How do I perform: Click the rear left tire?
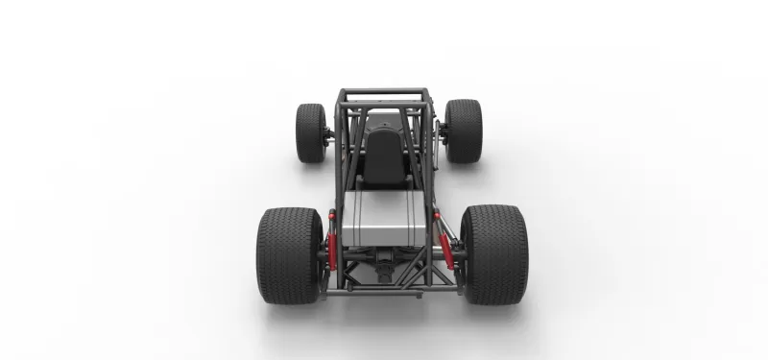coord(289,254)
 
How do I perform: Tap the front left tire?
coord(311,132)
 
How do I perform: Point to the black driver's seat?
coord(384,158)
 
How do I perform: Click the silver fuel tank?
coord(383,221)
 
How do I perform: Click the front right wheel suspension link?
coord(442,134)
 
